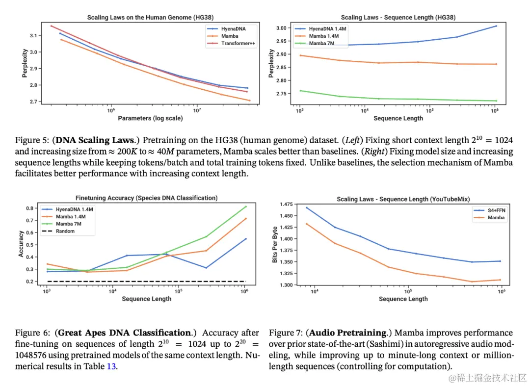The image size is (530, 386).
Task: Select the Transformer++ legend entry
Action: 238,44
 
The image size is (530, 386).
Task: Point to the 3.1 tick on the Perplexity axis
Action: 32,36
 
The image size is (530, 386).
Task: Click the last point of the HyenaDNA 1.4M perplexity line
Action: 496,26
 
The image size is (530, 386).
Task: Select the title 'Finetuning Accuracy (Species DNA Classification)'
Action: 146,198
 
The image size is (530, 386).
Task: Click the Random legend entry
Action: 65,231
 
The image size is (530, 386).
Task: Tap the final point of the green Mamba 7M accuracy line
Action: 245,206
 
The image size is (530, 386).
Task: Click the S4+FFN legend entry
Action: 496,210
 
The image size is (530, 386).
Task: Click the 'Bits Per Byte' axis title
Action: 275,244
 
